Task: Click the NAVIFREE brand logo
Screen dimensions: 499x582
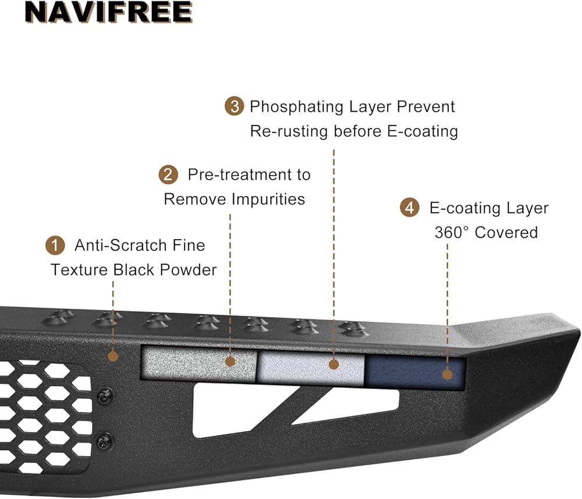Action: click(108, 12)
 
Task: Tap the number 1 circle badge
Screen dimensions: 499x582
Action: click(55, 245)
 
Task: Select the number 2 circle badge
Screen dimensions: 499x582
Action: click(168, 174)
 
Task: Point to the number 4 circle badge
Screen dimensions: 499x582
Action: click(410, 208)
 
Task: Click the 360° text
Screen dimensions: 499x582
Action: click(452, 233)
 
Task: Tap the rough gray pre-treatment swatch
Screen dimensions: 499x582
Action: click(198, 365)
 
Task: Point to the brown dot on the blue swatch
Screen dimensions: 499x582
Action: click(447, 374)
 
